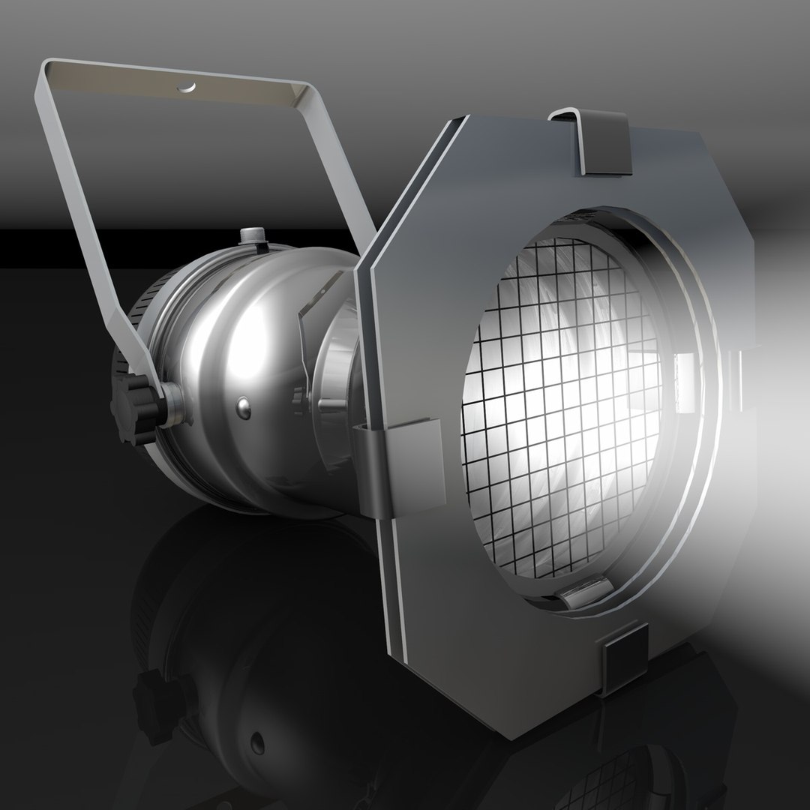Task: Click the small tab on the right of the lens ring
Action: pos(685,382)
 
